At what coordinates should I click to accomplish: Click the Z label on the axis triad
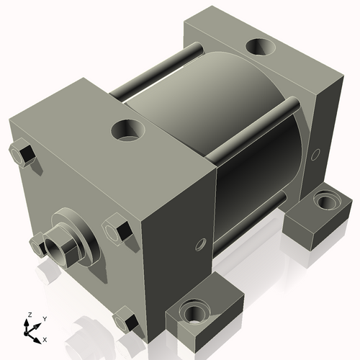pyautogui.click(x=30, y=315)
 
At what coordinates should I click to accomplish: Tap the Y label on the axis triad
pyautogui.click(x=45, y=319)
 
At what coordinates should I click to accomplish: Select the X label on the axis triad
pyautogui.click(x=45, y=340)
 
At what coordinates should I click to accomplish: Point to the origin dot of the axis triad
pyautogui.click(x=26, y=333)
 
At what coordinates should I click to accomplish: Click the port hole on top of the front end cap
pyautogui.click(x=128, y=130)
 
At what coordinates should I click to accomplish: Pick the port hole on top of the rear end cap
pyautogui.click(x=261, y=47)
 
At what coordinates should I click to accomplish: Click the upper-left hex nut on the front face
pyautogui.click(x=22, y=154)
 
